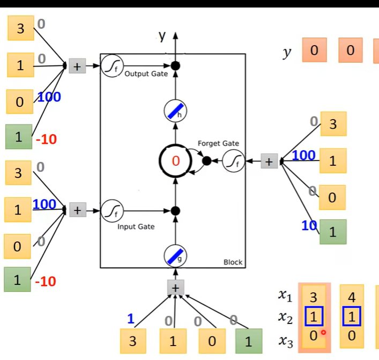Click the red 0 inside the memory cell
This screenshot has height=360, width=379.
coord(175,160)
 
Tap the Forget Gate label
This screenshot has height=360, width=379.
coord(218,143)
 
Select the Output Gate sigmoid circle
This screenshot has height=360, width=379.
coord(112,66)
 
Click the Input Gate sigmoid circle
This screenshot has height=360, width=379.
coord(112,210)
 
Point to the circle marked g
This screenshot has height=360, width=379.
coord(175,257)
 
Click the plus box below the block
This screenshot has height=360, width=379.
coord(175,288)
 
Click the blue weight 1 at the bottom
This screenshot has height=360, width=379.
coord(131,319)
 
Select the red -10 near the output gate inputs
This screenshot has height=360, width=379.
coord(46,139)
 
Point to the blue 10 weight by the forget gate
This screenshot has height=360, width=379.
coord(309,226)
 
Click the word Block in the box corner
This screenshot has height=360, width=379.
coord(233,262)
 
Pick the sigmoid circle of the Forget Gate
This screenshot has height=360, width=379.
coord(233,160)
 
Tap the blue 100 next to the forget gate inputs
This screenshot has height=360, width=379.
coord(304,156)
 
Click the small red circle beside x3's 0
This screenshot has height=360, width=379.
coord(323,333)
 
